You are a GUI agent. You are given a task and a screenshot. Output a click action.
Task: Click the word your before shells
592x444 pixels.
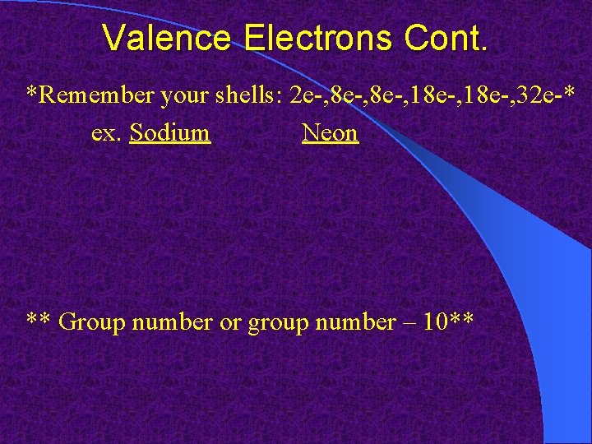[186, 95]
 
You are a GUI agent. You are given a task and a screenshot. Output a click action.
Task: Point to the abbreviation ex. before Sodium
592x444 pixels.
[107, 132]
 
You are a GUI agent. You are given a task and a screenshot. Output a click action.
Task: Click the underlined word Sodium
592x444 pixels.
[170, 132]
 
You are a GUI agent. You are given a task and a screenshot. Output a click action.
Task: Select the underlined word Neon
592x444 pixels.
[330, 132]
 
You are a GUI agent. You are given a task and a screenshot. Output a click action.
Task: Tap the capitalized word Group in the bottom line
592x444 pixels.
[89, 321]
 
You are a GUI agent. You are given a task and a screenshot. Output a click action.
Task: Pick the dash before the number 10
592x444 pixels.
[408, 321]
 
